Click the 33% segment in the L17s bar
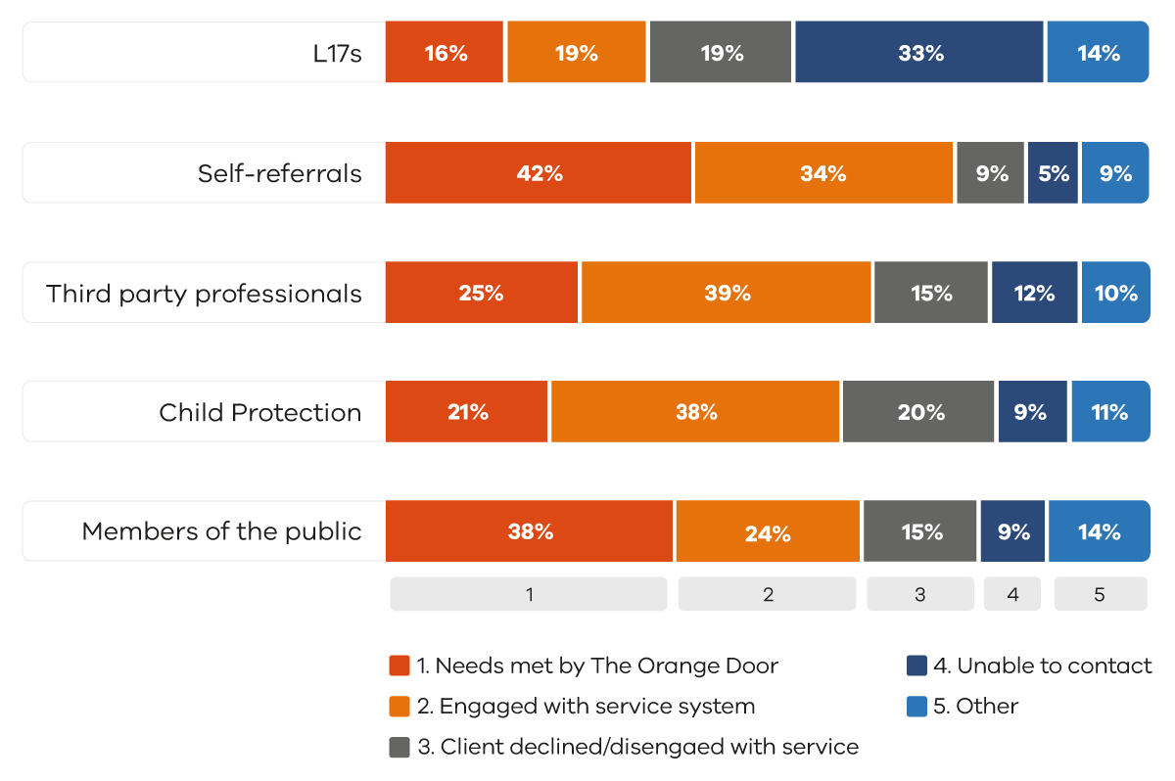click(919, 53)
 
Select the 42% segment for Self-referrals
click(539, 173)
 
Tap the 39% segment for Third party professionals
click(726, 293)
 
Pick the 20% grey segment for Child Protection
click(918, 412)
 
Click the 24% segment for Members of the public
click(767, 531)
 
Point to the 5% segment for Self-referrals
click(1053, 173)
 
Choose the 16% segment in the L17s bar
click(445, 53)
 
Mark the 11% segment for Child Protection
click(1109, 412)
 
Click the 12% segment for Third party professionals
click(1034, 293)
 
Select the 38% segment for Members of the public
click(529, 531)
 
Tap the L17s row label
click(337, 53)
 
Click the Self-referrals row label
click(280, 173)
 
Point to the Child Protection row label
click(260, 412)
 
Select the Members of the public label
click(222, 531)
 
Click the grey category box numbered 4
click(1012, 594)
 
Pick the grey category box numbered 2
click(768, 594)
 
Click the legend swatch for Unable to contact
click(916, 666)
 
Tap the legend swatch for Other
click(916, 707)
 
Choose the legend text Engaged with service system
click(596, 707)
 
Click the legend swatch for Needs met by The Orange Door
click(399, 666)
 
